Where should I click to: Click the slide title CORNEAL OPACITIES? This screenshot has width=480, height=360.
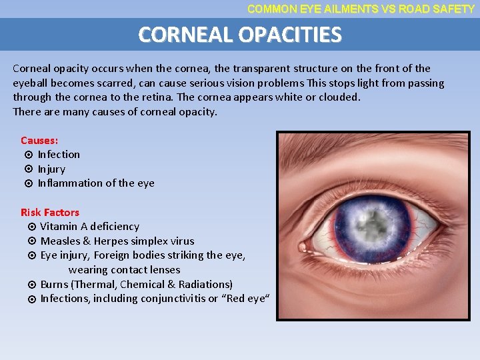(239, 35)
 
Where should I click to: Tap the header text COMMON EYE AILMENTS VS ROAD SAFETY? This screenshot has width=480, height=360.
(361, 9)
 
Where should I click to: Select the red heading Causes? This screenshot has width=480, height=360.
(39, 141)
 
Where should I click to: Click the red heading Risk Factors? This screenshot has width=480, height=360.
(50, 213)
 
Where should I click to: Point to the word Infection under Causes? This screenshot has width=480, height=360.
(59, 155)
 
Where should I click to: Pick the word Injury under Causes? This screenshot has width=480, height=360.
(51, 169)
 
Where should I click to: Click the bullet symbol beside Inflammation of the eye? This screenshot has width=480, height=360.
(29, 183)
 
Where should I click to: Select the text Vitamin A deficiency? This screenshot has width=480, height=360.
(89, 227)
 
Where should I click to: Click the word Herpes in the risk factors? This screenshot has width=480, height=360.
(111, 241)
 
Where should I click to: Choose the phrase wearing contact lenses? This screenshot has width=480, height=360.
(124, 270)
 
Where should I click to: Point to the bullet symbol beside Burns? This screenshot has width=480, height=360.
(31, 285)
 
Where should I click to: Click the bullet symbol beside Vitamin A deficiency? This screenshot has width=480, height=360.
(31, 227)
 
